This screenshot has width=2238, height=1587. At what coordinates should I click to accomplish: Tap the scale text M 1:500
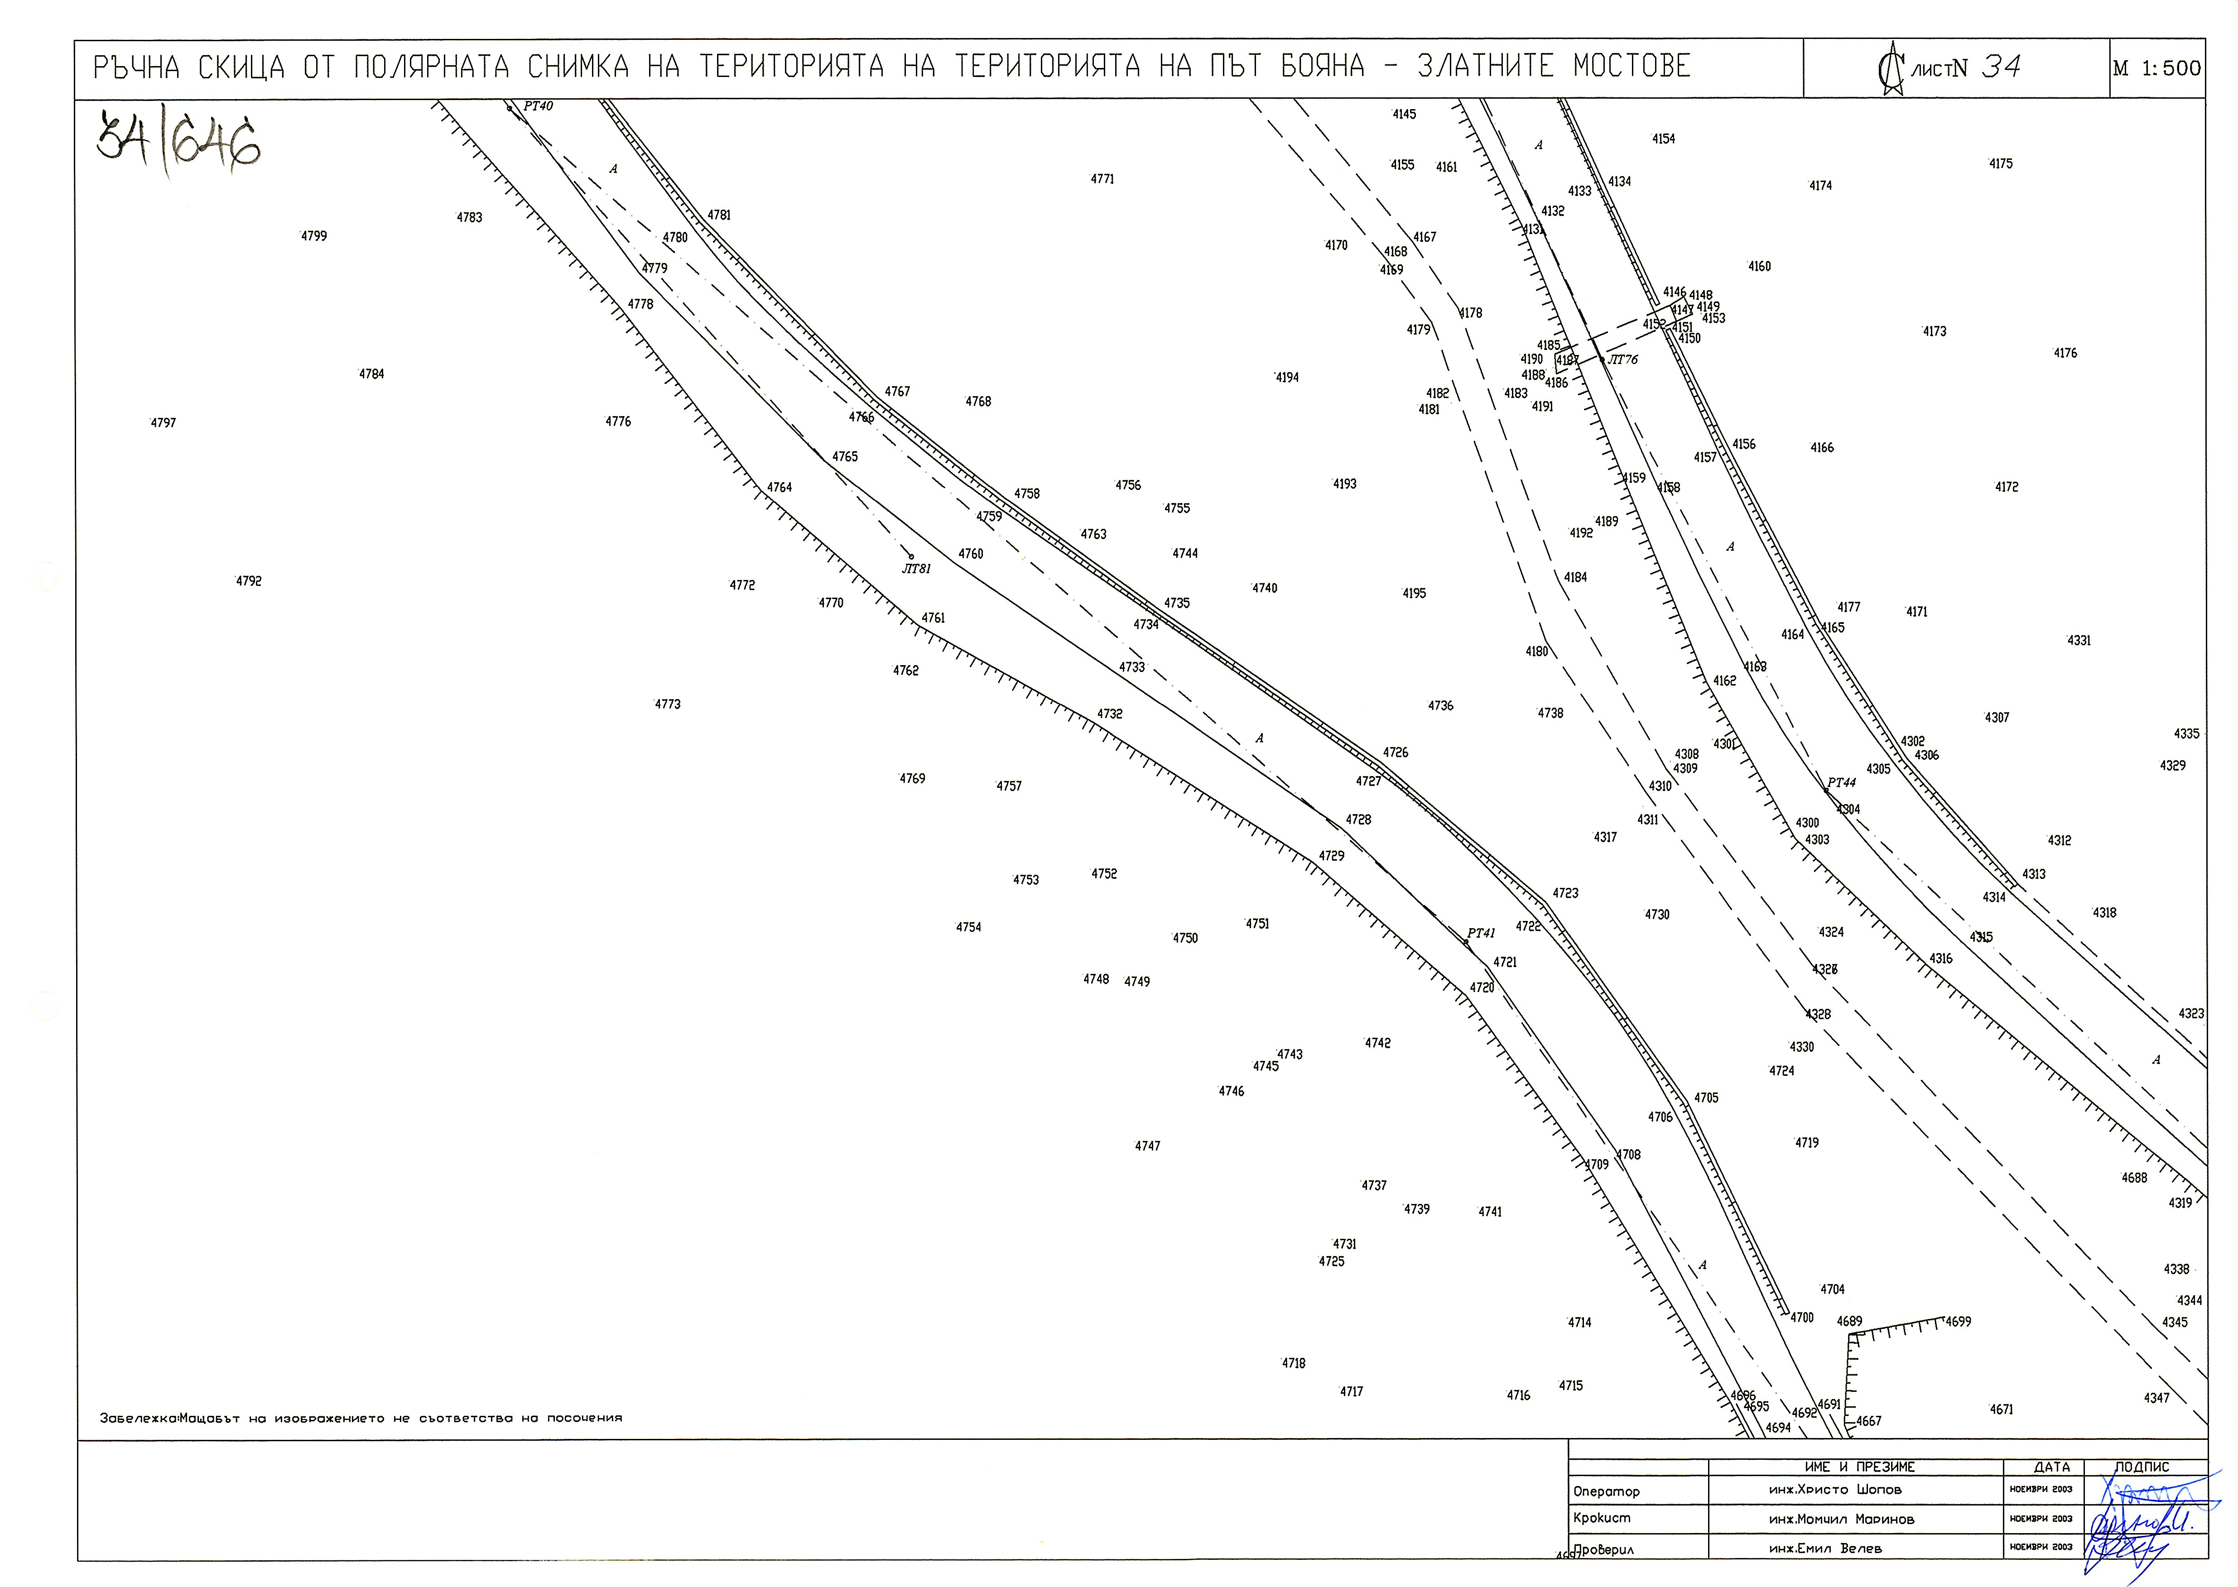(2156, 68)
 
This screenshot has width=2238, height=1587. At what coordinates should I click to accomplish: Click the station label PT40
(538, 105)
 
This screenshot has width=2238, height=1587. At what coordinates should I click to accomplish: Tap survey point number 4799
(314, 236)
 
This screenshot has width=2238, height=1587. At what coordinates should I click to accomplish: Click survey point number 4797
(163, 423)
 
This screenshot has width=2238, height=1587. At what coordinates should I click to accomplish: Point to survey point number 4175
(2001, 164)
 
